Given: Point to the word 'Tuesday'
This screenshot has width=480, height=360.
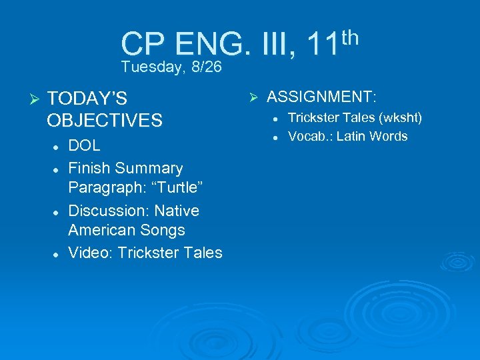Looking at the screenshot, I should [151, 67].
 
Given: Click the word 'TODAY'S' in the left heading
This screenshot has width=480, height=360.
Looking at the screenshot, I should [87, 99].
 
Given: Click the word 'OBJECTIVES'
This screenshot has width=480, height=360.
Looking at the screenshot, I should [105, 121].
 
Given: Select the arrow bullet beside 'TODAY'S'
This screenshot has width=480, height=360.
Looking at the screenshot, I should [36, 99].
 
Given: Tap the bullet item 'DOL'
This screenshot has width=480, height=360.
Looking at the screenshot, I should [85, 146].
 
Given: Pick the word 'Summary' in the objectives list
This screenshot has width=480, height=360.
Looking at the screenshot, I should [150, 168].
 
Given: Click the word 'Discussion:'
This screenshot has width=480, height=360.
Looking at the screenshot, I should [109, 211].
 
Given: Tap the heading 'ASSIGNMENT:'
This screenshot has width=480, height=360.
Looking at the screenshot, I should [322, 97].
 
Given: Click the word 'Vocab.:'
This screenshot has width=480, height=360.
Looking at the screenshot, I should [311, 137].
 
